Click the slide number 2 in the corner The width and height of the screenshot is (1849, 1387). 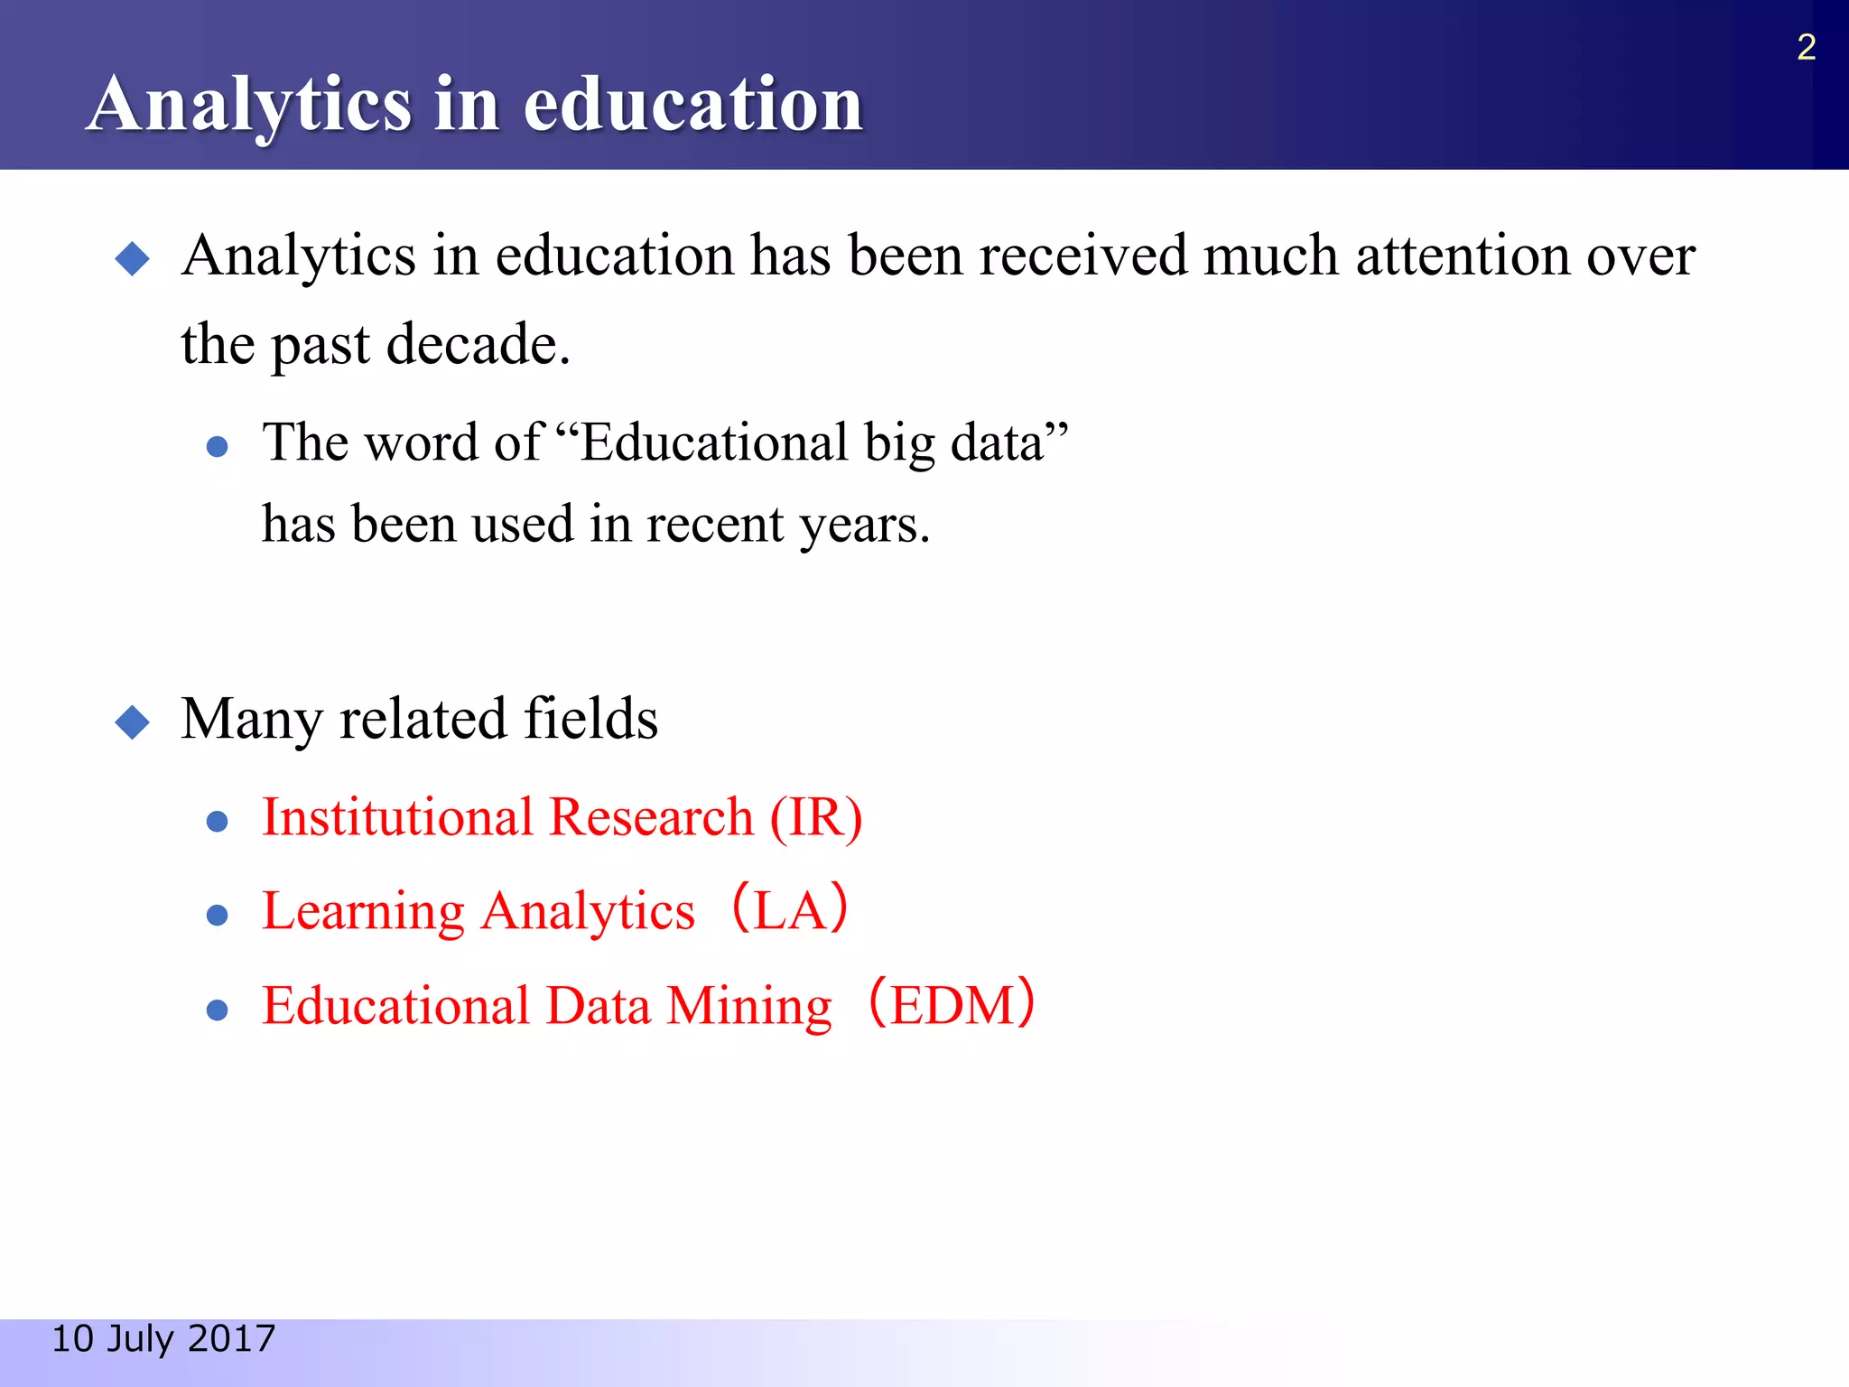tap(1806, 47)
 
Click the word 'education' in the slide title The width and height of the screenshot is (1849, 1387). tap(692, 105)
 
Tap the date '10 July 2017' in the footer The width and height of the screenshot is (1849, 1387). tap(163, 1338)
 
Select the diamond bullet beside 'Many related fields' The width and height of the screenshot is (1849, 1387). tap(133, 722)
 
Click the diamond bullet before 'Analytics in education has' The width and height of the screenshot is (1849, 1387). tap(133, 259)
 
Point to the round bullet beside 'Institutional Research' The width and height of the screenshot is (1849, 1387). tap(217, 821)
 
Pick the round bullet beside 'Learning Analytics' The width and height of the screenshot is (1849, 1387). tap(217, 916)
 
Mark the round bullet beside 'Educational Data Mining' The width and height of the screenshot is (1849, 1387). tap(217, 1010)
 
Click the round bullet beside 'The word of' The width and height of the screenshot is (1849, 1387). tap(217, 446)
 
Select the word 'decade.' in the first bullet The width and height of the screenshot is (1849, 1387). tap(479, 345)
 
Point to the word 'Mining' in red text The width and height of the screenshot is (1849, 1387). tap(748, 1006)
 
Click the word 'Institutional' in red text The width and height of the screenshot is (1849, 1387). tap(397, 818)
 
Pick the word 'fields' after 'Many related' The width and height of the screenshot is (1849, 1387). tap(590, 719)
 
